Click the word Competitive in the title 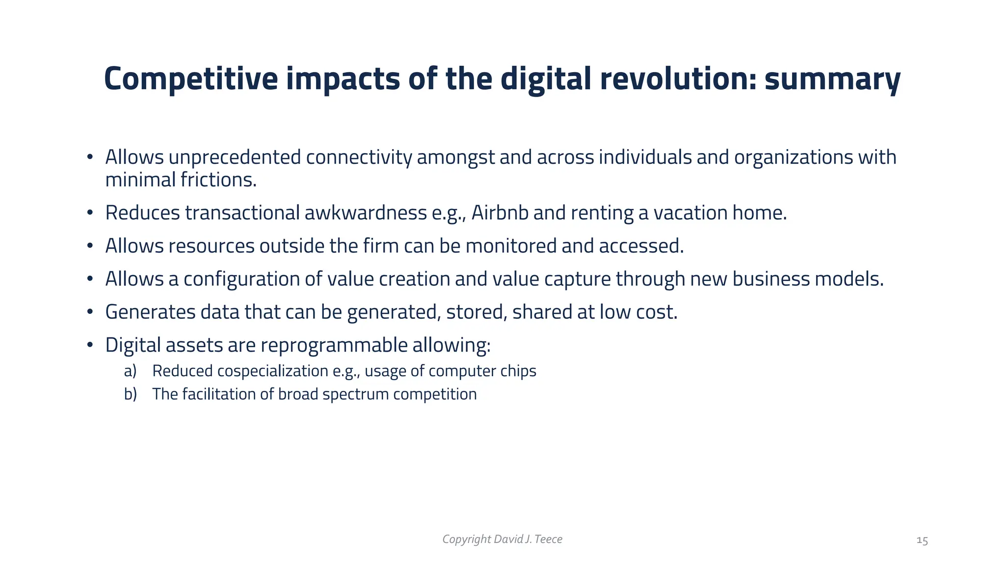coord(190,79)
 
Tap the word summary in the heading coord(832,79)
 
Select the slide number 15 coord(922,540)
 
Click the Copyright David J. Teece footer coord(502,539)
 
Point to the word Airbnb coord(500,213)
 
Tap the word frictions coord(218,180)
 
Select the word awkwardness coord(365,213)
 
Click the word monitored coord(511,246)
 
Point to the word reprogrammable coord(334,345)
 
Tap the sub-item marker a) coord(130,371)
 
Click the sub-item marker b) coord(130,394)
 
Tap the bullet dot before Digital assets coord(90,345)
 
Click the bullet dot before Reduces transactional coord(90,213)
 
